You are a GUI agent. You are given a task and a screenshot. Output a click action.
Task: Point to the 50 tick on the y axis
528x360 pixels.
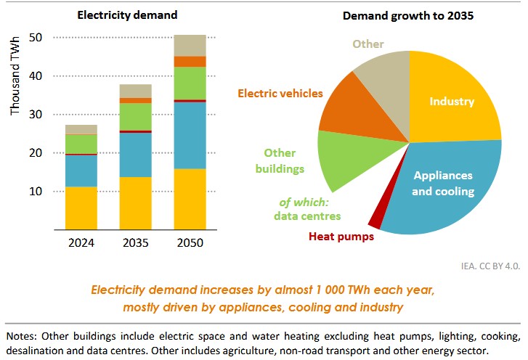[x=36, y=37]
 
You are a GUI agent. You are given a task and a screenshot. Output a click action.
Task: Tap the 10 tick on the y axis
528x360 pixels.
[x=36, y=192]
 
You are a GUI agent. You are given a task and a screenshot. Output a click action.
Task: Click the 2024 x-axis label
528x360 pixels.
[x=80, y=242]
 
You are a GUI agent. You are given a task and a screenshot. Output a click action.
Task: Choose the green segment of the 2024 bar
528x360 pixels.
[x=81, y=144]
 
